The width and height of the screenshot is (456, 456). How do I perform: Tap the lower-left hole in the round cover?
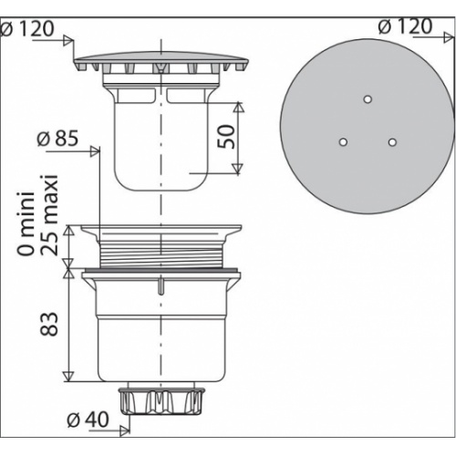pyautogui.click(x=344, y=142)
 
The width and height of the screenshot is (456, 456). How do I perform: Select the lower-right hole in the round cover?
pyautogui.click(x=392, y=142)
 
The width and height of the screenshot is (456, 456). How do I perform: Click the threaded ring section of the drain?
pyautogui.click(x=161, y=251)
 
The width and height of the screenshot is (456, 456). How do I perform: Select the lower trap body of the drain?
pyautogui.click(x=161, y=328)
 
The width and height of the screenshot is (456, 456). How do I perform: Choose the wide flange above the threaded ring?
pyautogui.click(x=161, y=229)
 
